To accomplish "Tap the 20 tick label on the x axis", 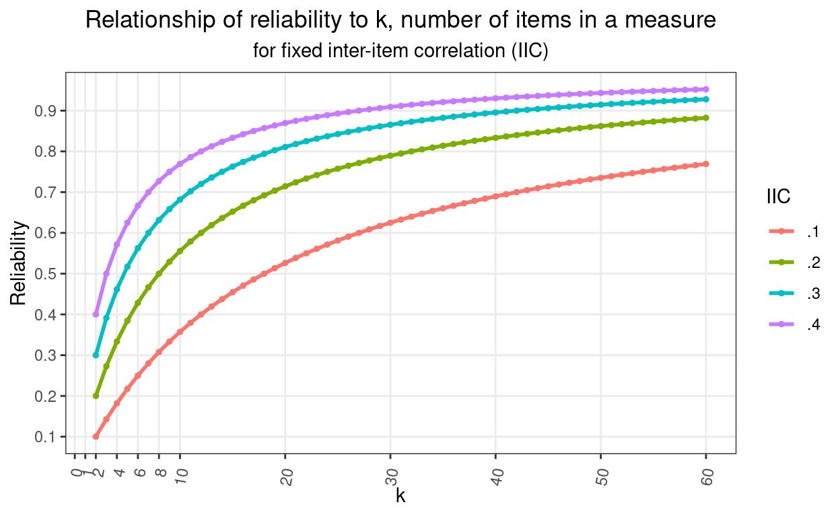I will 287,475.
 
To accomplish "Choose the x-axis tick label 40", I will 497,475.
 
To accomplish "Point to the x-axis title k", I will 400,496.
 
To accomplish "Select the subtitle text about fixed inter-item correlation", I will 400,50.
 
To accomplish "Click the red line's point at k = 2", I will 96,437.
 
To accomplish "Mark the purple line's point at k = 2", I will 96,314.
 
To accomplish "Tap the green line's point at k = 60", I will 706,118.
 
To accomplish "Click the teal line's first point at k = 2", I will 96,355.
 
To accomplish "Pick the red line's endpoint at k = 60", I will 706,164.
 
